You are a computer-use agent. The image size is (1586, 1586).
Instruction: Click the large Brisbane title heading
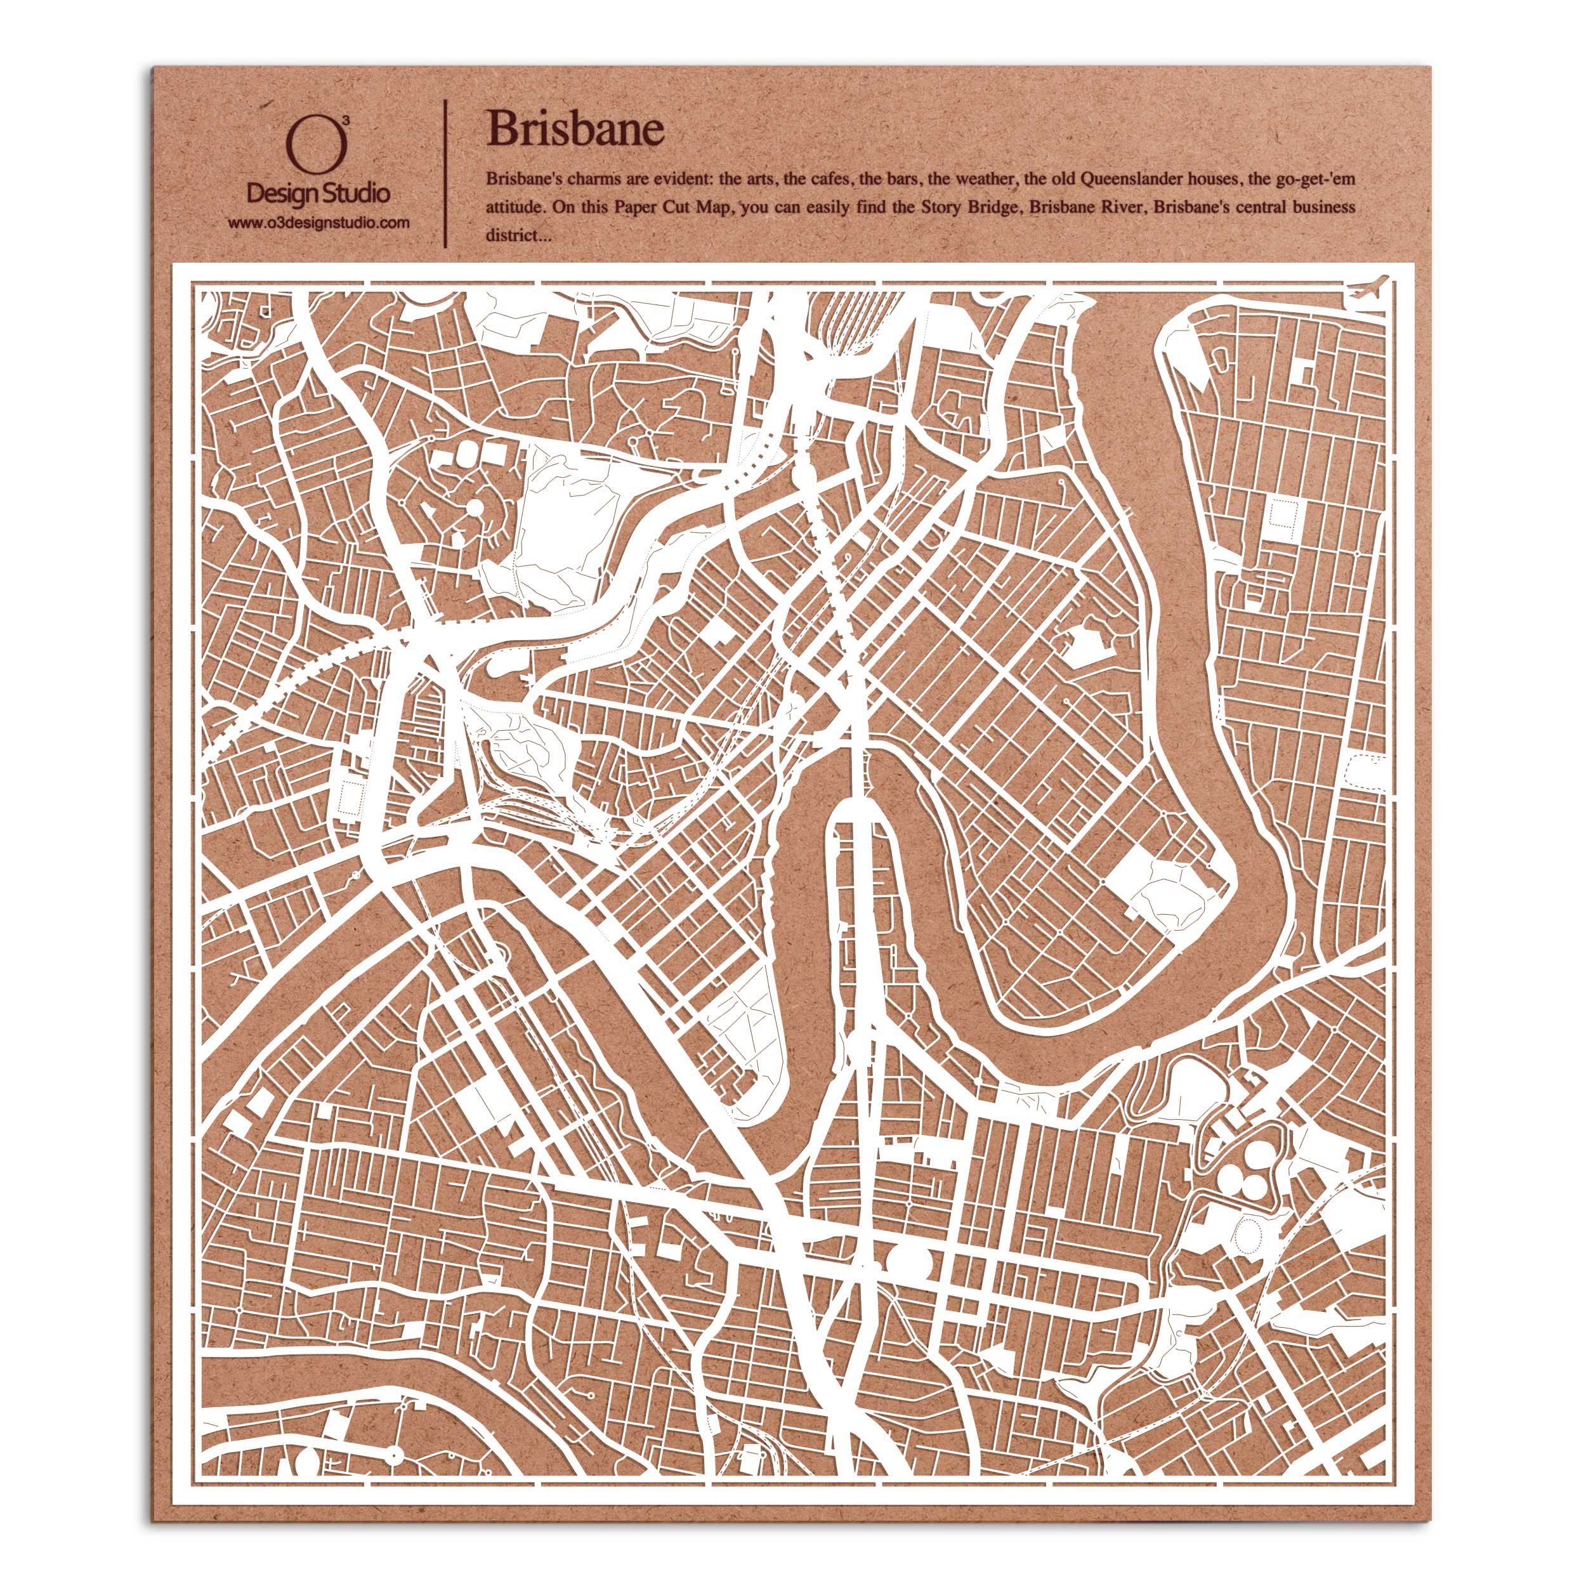pyautogui.click(x=575, y=129)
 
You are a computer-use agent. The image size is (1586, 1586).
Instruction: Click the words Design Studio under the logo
pyautogui.click(x=318, y=193)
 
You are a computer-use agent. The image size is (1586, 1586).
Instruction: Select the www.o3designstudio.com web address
pyautogui.click(x=318, y=223)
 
